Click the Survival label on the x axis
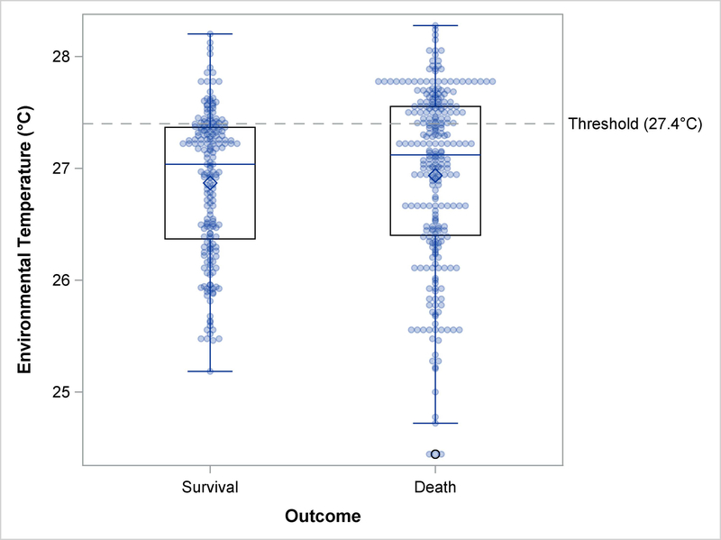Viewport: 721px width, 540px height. coord(209,488)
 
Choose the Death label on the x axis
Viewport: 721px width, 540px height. coord(435,488)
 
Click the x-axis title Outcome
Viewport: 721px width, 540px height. coord(323,517)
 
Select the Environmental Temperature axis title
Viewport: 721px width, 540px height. coord(26,240)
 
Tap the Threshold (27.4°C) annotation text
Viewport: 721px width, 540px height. coord(635,124)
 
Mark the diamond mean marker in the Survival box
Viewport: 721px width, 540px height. coord(210,183)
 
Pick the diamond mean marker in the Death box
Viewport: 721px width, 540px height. coord(435,176)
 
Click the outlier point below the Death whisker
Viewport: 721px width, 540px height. coord(435,454)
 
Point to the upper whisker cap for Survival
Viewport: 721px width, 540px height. coord(210,34)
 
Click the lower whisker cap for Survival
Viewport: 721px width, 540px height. coord(210,371)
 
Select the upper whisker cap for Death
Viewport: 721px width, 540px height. coord(435,25)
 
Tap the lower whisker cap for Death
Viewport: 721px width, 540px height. coord(435,423)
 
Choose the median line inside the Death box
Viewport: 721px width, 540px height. coord(460,155)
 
